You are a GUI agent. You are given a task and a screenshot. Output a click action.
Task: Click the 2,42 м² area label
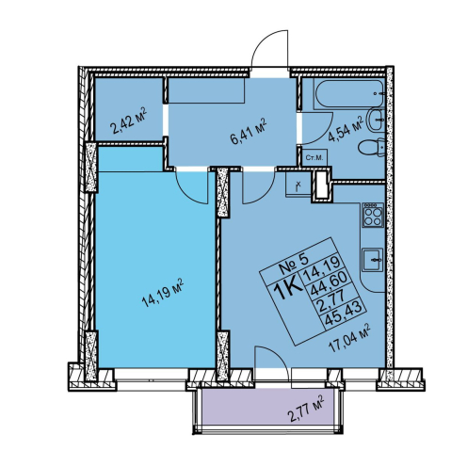pos(129,121)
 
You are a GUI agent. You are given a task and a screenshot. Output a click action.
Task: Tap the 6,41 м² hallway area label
pos(248,131)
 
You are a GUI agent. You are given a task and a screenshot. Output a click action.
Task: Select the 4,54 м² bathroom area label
pos(346,128)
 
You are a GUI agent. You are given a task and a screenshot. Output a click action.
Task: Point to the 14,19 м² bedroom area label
pos(163,292)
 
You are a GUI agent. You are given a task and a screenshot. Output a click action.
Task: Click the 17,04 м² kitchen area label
pos(349,338)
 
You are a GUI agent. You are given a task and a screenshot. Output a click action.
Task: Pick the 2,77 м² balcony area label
pos(306,409)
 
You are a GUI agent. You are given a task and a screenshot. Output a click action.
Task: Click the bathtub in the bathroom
pos(349,94)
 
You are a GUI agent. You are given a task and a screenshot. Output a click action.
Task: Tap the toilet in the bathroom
pos(372,149)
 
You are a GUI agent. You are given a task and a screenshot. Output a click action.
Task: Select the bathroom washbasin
pos(376,121)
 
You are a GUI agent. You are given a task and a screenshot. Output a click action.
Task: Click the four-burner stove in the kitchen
pos(373,215)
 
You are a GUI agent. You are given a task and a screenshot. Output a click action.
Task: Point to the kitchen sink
pos(373,260)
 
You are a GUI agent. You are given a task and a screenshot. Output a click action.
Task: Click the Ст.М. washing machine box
pos(314,158)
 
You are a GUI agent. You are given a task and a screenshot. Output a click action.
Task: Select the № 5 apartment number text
pos(293,263)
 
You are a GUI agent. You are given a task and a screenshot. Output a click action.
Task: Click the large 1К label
pos(288,290)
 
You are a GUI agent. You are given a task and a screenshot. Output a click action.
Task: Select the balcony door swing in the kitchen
pos(276,355)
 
